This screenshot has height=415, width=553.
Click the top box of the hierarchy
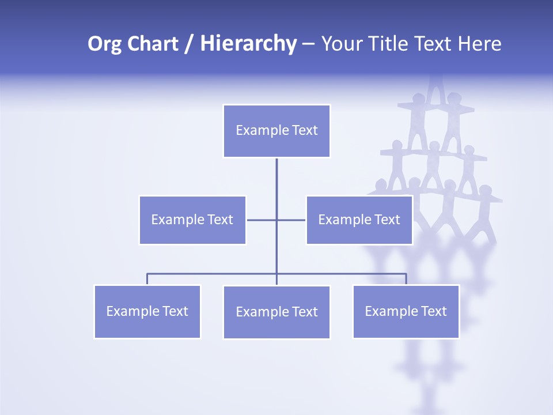coord(276,131)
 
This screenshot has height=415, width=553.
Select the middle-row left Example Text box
coord(192,220)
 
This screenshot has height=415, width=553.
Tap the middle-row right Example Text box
coord(359,220)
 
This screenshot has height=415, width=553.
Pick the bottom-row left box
coord(147,312)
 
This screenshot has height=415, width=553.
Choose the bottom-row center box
coord(276,312)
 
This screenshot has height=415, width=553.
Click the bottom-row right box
coord(406,312)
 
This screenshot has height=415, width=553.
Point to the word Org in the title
coord(105,44)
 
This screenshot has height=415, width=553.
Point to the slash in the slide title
coord(189,44)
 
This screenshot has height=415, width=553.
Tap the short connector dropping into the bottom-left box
coord(147,279)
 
